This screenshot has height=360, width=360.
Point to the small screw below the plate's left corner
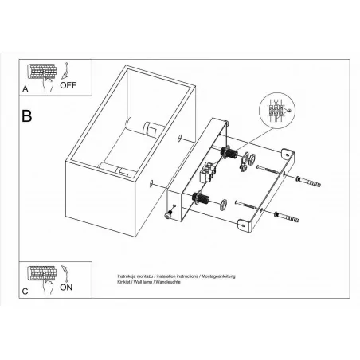(x=170, y=213)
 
